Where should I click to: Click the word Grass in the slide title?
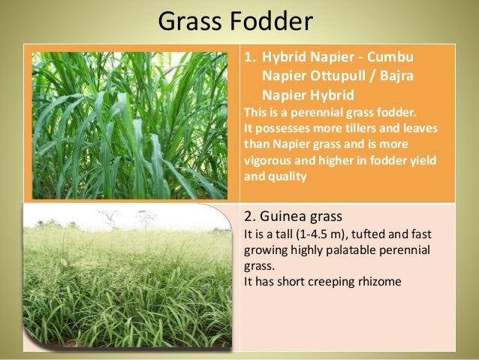pyautogui.click(x=191, y=22)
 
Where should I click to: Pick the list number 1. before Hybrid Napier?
pyautogui.click(x=253, y=59)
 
